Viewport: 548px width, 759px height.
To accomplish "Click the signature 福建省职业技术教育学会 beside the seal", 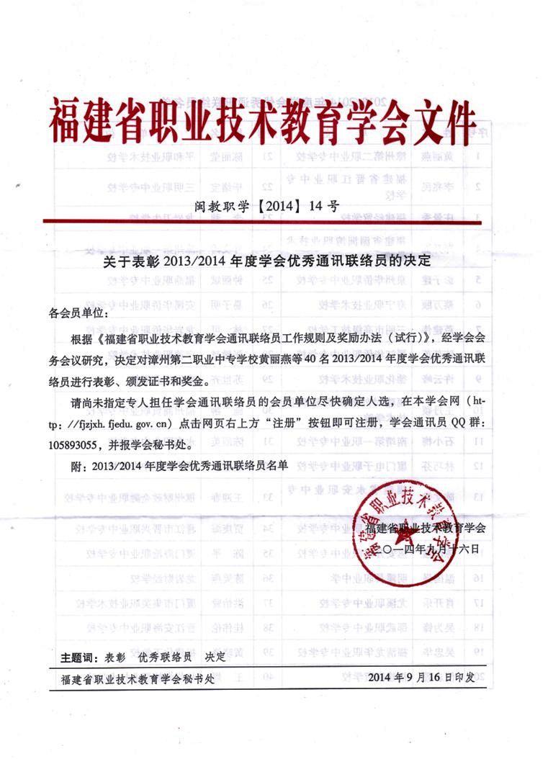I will point(426,529).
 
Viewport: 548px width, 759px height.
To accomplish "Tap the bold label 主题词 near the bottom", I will point(77,657).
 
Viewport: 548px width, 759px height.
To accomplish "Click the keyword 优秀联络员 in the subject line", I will point(166,657).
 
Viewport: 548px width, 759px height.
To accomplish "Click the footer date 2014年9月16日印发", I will point(420,678).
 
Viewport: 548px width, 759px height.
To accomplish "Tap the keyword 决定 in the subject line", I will point(215,657).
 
